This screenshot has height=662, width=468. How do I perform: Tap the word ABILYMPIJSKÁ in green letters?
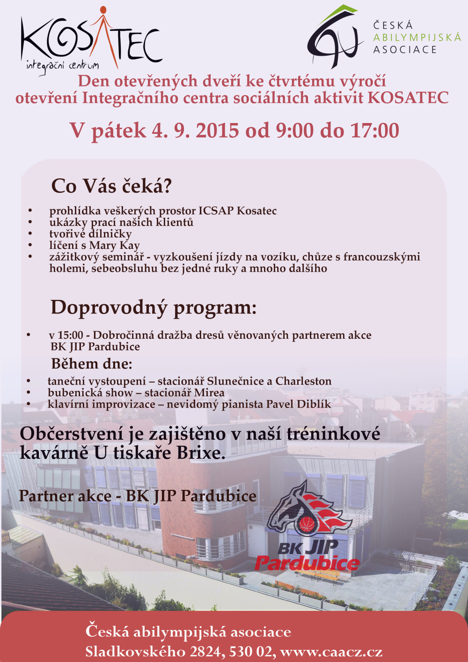tap(417, 37)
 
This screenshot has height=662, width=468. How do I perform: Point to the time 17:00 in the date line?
tap(374, 131)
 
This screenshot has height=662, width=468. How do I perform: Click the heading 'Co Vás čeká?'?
tap(111, 186)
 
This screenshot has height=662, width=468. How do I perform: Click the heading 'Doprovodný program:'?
tap(154, 307)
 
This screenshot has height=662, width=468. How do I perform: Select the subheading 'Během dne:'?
tap(92, 364)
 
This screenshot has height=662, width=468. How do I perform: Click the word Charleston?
tap(303, 381)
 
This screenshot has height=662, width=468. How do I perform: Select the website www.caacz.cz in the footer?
tap(331, 651)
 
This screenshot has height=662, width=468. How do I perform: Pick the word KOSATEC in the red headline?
tap(408, 98)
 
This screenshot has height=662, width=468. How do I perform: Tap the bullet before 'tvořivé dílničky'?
tap(30, 233)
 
